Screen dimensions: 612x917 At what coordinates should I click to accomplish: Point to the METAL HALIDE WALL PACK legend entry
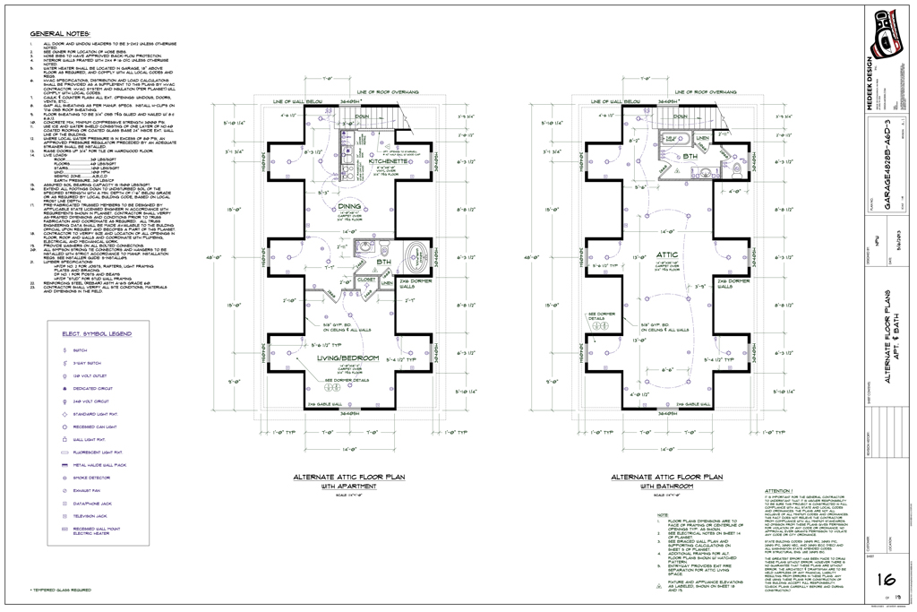click(x=99, y=466)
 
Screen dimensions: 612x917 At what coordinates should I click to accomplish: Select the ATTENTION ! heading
click(x=780, y=491)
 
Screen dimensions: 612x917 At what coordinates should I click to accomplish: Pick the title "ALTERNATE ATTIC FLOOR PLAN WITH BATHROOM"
click(x=665, y=481)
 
